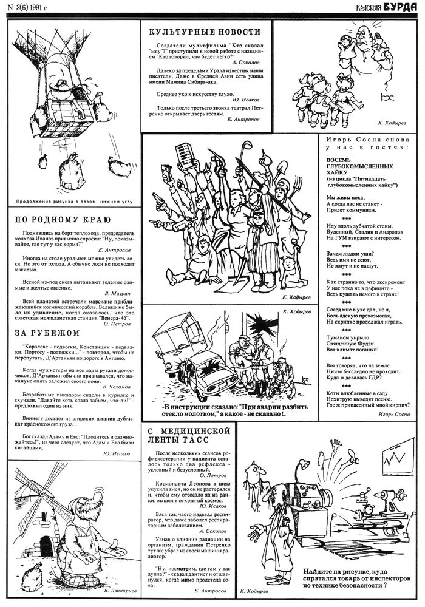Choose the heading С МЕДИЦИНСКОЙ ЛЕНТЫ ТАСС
[188, 436]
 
